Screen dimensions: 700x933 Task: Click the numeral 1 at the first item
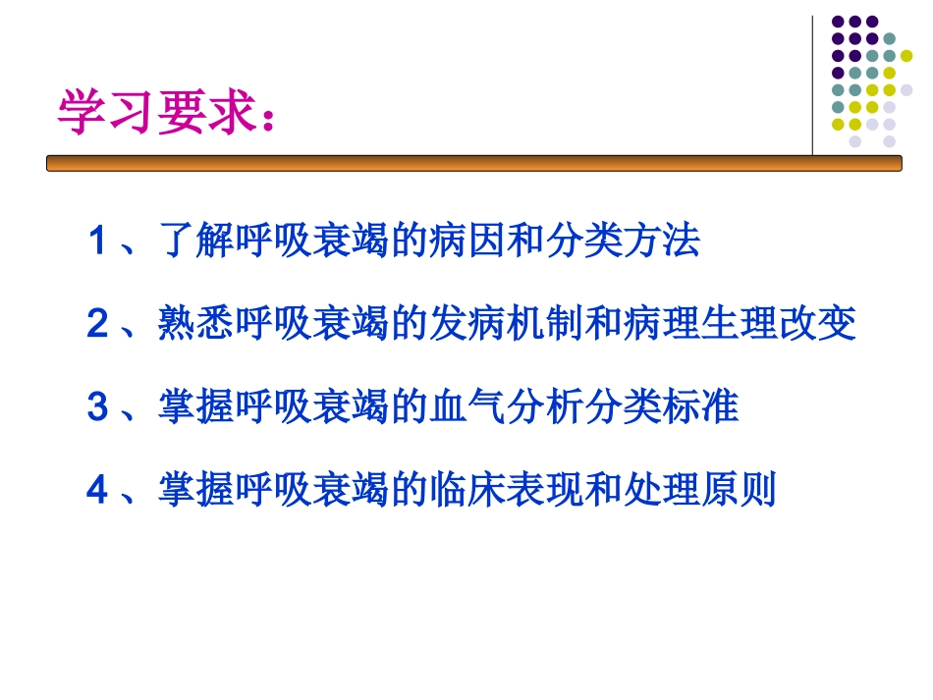(97, 242)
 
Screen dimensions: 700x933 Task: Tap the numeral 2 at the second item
(97, 324)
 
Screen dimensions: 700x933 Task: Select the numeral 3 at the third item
(97, 406)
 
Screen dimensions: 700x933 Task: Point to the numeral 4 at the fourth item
(97, 489)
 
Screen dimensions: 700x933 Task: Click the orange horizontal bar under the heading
(471, 164)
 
